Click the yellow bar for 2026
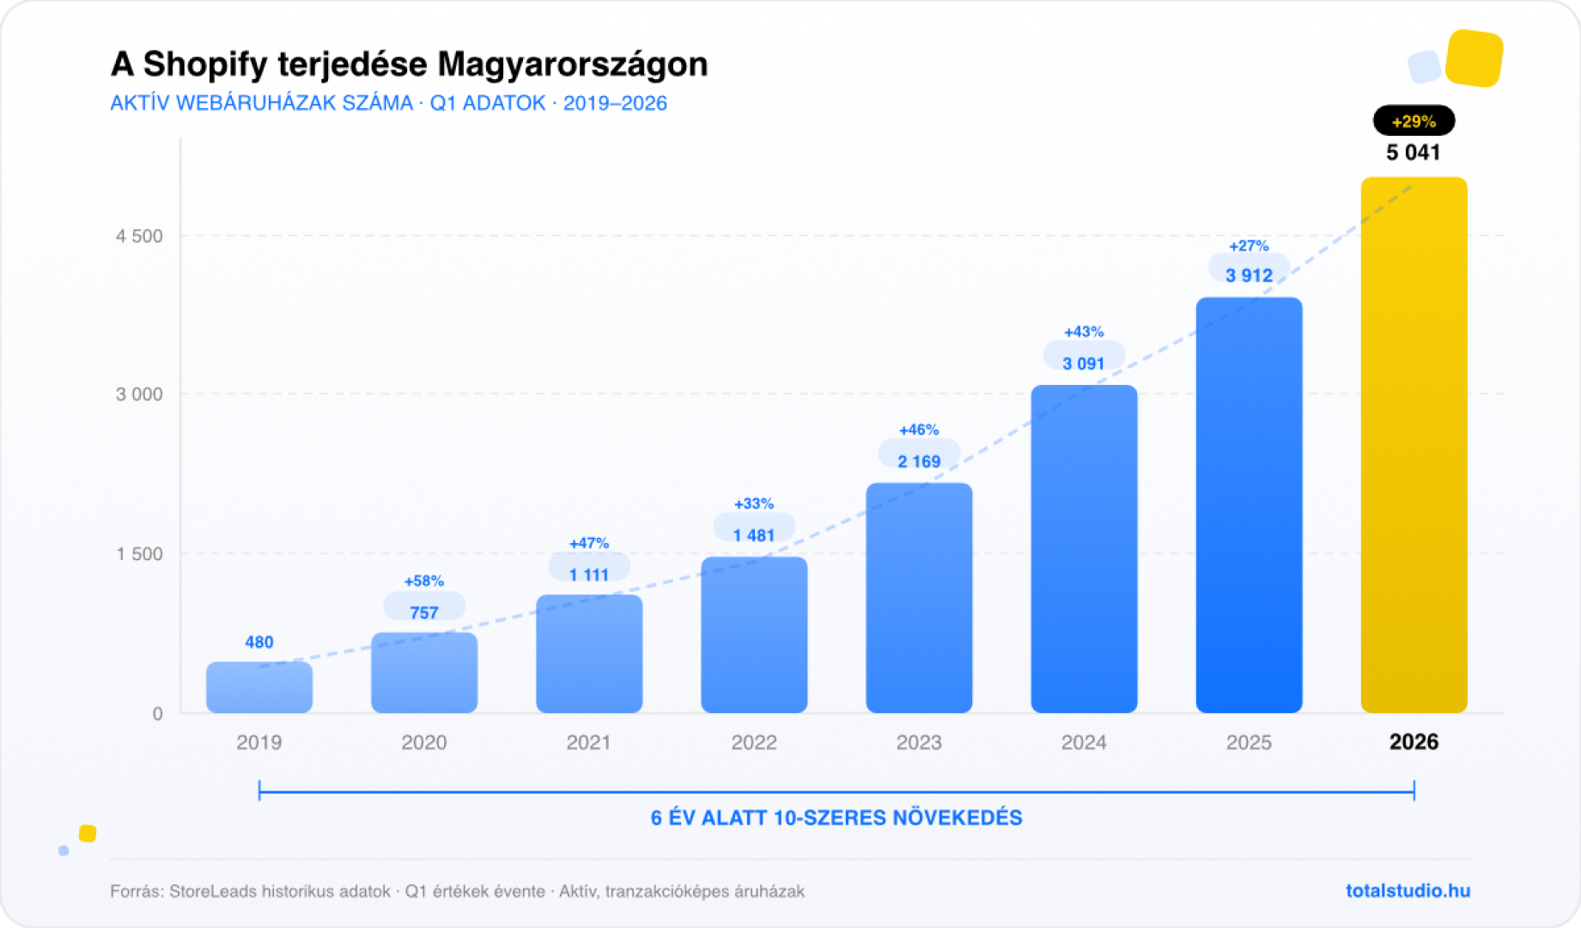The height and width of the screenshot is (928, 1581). pos(1414,447)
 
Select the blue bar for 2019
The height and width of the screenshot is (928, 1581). pos(259,687)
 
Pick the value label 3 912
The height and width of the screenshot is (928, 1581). pos(1249,275)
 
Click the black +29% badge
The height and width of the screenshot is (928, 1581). pos(1414,121)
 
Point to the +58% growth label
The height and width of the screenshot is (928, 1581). pos(424,581)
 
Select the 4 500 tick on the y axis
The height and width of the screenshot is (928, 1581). pos(139,236)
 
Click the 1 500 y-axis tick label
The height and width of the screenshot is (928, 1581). pos(139,554)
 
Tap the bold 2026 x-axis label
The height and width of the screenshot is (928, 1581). pos(1414,742)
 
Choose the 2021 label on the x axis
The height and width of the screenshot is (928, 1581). pos(588,742)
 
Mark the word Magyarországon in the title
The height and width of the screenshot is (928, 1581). pos(573,64)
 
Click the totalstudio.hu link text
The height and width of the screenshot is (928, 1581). pos(1408,891)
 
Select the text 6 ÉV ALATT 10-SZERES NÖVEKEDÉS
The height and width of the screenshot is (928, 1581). pos(836,817)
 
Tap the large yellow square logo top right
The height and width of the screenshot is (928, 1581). pos(1474,58)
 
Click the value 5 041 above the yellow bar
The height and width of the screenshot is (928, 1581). pos(1414,153)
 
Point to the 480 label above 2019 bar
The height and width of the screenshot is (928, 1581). pos(259,642)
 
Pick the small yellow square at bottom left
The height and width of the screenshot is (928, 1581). pos(88,833)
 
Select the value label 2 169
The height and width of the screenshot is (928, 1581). pos(919,461)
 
